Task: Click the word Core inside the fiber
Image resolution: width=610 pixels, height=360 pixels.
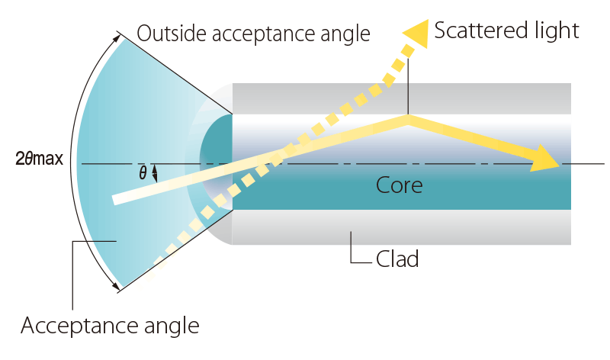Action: pos(400,185)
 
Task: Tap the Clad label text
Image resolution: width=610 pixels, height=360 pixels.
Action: pos(397,259)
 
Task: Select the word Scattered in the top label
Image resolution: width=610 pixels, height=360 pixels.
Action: pos(471,31)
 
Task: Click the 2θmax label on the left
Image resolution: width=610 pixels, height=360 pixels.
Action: pos(39,160)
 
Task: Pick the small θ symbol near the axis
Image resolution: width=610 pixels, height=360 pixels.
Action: pos(143,173)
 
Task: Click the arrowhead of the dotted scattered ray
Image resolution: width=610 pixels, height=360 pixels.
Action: pos(416,34)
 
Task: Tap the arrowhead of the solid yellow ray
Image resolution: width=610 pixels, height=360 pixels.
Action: pos(547,159)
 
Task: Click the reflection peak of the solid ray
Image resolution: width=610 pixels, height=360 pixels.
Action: pos(409,119)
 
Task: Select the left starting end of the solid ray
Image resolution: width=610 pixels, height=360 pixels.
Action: pos(117,199)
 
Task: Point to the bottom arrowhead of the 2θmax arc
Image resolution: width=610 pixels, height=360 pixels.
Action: pos(117,287)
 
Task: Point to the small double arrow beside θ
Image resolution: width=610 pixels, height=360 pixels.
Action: pos(156,173)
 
